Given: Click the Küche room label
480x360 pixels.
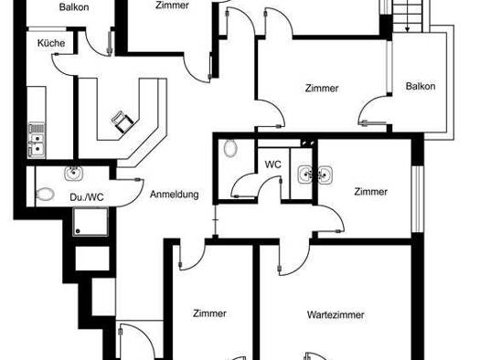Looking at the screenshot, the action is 51,43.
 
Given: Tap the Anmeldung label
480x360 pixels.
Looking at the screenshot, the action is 175,195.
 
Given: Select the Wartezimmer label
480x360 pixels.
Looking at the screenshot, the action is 336,314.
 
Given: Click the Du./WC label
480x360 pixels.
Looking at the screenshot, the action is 87,197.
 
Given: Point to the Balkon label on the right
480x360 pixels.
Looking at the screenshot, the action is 421,86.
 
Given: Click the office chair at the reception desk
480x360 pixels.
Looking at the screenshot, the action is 123,122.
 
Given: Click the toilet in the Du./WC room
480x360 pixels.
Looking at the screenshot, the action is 46,195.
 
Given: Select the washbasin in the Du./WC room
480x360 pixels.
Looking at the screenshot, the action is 74,173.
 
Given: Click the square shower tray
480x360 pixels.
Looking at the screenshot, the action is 91,222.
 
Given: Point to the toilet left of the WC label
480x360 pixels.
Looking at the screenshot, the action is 230,148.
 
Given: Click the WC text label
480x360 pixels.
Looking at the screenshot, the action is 272,164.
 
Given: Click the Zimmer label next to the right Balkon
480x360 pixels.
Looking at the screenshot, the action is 322,89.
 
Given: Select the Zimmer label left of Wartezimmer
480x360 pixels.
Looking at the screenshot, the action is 209,313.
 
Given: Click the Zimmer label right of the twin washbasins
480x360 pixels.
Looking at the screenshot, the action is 370,192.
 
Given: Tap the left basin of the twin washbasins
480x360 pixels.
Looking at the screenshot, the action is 305,175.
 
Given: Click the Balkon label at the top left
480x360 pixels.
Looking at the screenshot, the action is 74,7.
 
